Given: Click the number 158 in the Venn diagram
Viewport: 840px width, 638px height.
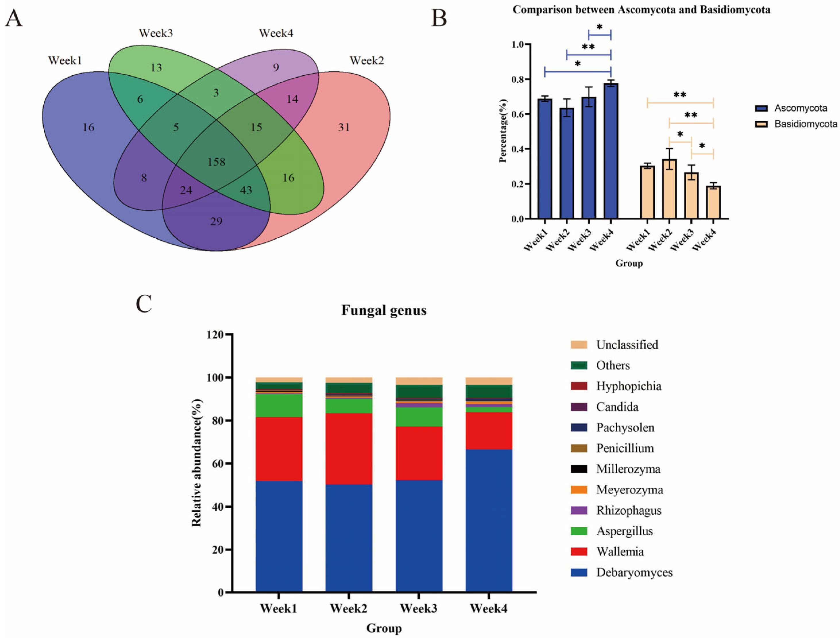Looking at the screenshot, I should tap(216, 162).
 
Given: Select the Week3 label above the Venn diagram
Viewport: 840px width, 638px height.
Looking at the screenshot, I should tap(156, 33).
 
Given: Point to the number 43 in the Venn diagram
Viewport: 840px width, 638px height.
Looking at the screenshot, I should tap(246, 190).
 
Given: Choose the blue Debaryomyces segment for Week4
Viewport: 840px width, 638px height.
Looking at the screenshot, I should tap(489, 521).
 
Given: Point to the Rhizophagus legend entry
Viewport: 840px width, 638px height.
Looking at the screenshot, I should tap(629, 510).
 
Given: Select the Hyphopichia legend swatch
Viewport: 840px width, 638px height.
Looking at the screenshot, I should tap(579, 386).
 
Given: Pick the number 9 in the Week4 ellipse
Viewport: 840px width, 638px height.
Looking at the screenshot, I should tap(276, 68).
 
